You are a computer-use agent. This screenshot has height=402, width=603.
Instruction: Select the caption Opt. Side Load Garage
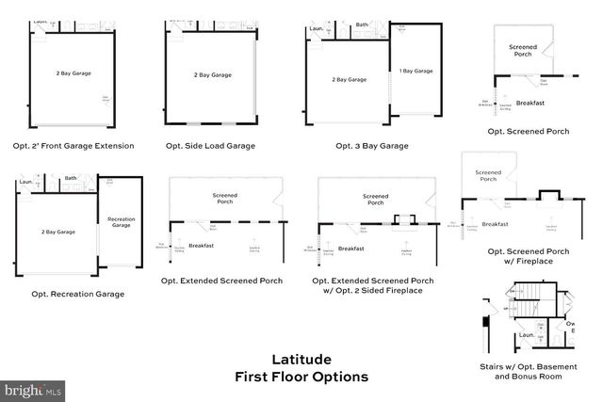click(x=210, y=146)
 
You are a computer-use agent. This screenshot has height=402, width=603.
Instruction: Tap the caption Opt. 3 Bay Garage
click(x=371, y=146)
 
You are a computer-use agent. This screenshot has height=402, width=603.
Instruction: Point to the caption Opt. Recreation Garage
click(x=77, y=294)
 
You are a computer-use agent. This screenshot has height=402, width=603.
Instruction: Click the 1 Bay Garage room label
click(x=416, y=71)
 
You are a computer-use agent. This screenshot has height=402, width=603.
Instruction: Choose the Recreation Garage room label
click(x=120, y=222)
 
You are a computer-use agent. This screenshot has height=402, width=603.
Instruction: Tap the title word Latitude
click(x=301, y=359)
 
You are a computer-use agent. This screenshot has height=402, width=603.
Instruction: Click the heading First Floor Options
click(x=301, y=377)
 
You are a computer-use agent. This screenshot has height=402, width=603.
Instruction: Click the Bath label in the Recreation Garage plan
click(x=71, y=178)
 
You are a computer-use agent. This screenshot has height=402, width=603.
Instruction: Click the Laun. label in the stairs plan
click(x=527, y=333)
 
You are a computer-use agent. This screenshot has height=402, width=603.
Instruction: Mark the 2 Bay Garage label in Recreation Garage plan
click(x=58, y=232)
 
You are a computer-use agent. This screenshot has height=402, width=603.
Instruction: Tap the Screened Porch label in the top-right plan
click(x=523, y=52)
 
